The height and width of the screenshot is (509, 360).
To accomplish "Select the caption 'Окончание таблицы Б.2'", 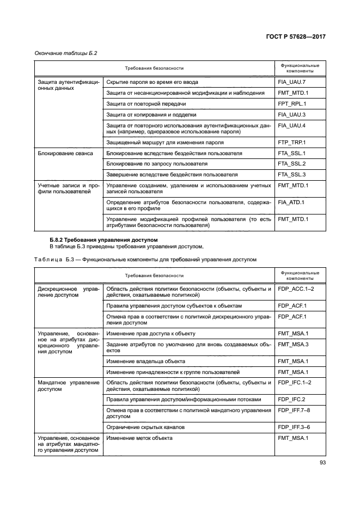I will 63,53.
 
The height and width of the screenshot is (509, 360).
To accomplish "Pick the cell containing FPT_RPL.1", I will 292,104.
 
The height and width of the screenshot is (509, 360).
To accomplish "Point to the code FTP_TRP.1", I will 292,143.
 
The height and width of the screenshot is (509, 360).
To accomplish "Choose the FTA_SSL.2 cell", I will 292,164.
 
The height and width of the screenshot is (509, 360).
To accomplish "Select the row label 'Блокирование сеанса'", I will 65,154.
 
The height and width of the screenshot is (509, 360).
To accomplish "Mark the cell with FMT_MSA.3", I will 293,344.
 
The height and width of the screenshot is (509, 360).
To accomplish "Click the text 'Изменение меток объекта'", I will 139,438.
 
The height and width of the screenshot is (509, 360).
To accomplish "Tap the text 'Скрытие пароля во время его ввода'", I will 152,82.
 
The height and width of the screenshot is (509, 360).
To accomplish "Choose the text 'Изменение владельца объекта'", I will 145,361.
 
